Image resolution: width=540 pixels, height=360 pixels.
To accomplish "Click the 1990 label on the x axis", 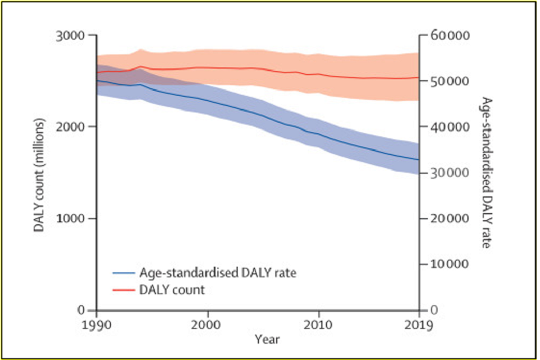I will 97,325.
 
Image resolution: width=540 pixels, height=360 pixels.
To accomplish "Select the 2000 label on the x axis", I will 208,325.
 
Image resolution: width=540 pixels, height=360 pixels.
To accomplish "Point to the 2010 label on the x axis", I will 319,325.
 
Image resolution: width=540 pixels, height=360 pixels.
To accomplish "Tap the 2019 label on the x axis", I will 419,325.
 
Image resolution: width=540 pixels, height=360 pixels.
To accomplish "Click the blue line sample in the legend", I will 123,273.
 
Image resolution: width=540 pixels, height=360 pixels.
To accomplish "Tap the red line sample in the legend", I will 123,290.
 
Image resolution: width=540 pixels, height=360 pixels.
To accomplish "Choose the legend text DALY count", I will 172,290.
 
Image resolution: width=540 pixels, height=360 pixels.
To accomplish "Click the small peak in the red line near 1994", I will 140,66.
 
